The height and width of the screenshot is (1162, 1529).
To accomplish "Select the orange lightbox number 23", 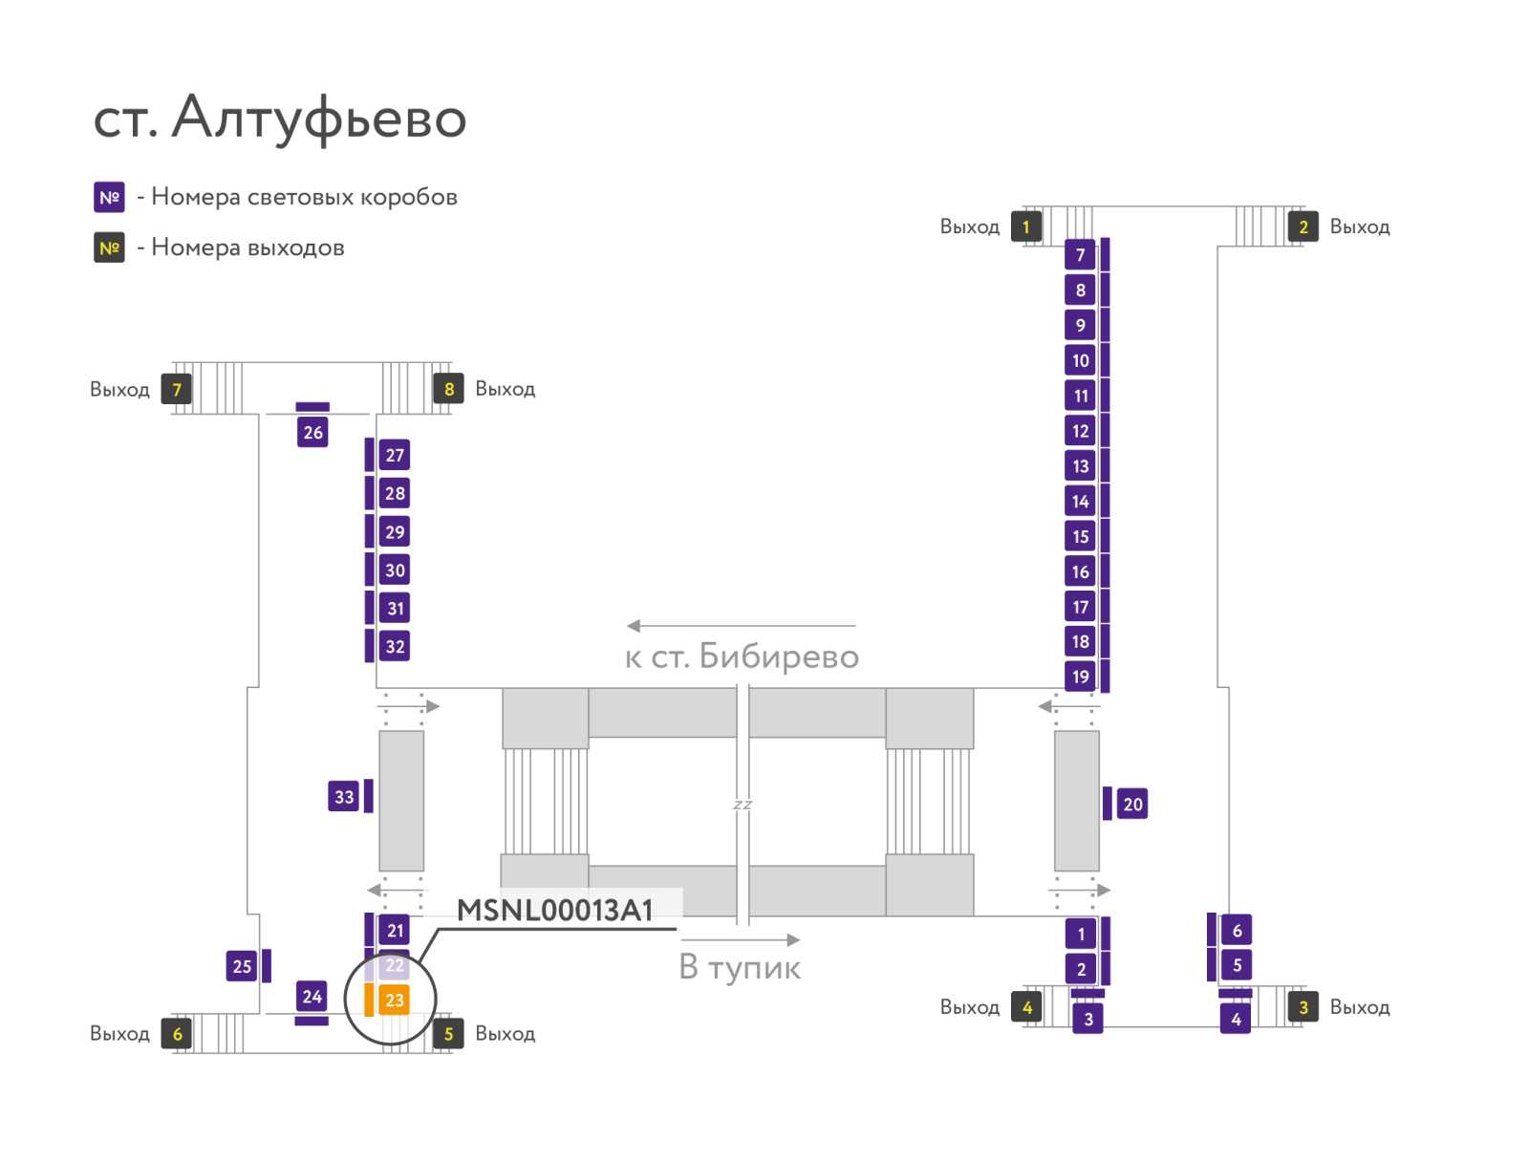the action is (394, 1000).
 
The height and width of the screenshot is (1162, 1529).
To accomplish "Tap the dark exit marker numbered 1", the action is (1026, 226).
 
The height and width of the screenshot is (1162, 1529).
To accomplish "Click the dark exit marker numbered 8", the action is (448, 389).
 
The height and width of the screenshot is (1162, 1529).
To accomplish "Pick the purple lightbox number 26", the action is (312, 432).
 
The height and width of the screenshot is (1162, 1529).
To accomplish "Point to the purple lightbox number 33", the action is (343, 796).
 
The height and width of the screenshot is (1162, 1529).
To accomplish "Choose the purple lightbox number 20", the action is (1132, 804).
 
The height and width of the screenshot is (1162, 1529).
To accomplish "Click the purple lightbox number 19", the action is (1080, 676).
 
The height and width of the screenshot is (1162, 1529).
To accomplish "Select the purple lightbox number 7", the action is (1080, 255).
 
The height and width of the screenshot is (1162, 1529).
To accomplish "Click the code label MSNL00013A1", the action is (554, 910).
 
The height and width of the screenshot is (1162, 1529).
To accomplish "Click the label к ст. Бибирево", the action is (742, 656).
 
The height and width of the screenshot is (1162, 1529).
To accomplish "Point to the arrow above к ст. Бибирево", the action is (742, 626).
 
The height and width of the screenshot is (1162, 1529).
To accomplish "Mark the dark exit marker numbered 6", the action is (176, 1033).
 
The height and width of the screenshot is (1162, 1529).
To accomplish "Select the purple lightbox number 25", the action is (242, 966).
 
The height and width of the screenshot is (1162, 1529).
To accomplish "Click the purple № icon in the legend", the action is (109, 197).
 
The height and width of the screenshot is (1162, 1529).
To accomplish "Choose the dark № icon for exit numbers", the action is (109, 247).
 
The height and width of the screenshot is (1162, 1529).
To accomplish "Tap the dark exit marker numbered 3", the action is (1303, 1007).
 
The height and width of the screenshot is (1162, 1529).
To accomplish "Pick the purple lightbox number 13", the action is (1080, 465).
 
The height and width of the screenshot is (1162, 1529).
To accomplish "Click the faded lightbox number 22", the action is (394, 965).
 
